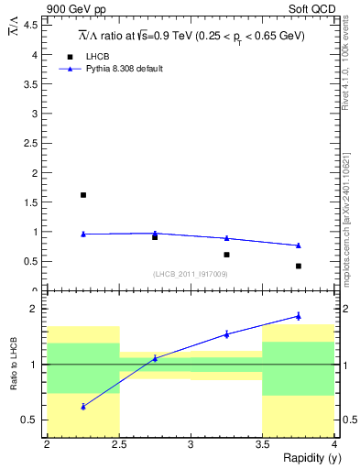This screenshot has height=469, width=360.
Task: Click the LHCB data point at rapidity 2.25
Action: coord(83,195)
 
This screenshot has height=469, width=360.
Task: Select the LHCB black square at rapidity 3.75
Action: coord(299,266)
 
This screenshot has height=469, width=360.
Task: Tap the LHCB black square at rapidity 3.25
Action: coord(226,255)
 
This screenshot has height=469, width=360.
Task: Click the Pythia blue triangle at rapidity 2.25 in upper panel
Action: coord(83,234)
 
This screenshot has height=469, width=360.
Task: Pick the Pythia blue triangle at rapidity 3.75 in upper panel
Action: coord(299,245)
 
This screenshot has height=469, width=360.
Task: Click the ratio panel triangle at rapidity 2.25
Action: coord(83,406)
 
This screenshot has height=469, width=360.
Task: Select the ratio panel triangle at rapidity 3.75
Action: coord(299,316)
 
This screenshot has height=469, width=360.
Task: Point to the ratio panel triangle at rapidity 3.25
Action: coord(226,334)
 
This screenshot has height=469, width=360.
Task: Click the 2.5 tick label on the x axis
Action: coord(119,444)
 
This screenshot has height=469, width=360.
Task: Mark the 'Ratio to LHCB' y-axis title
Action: coord(13,365)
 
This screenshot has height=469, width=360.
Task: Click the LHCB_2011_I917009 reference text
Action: coord(191,274)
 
